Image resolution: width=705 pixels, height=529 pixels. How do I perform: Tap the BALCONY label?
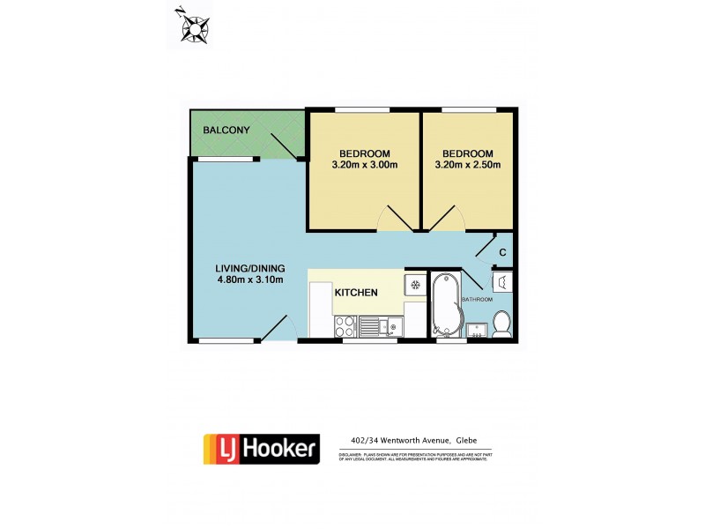226,130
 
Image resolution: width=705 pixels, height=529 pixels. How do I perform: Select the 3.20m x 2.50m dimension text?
467,165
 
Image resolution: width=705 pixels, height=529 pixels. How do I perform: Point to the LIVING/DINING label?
249,269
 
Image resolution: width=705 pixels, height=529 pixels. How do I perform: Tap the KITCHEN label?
356,293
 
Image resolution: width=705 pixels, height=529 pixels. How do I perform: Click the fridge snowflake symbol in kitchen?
414,285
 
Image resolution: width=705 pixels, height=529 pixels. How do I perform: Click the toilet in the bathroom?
501,324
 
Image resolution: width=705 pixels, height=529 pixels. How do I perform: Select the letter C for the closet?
502,254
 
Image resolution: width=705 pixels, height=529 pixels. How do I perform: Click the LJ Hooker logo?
260,449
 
